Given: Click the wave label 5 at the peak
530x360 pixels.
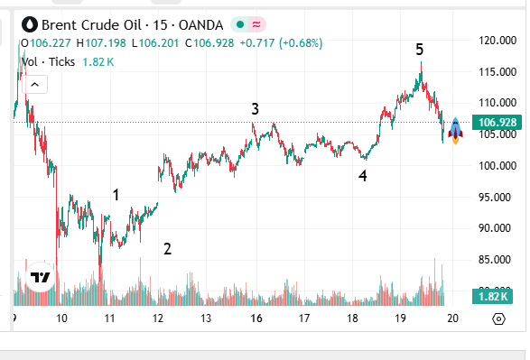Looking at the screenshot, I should (x=420, y=50).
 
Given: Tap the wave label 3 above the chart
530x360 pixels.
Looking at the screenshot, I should (x=256, y=109).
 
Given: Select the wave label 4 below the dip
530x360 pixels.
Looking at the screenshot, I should (x=362, y=177).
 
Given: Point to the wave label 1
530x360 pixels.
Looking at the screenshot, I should (x=116, y=194).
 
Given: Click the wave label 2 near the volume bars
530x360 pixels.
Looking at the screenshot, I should (x=167, y=249).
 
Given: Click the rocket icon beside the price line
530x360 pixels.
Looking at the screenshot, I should (x=456, y=130).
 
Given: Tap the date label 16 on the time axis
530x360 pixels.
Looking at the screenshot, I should (x=256, y=318).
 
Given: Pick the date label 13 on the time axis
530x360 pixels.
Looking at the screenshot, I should (x=207, y=318).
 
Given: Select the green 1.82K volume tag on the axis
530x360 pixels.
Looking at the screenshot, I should (x=493, y=297).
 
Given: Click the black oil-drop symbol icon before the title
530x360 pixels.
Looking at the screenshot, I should (x=31, y=23).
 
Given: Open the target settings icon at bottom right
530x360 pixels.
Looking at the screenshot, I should (x=498, y=318).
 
